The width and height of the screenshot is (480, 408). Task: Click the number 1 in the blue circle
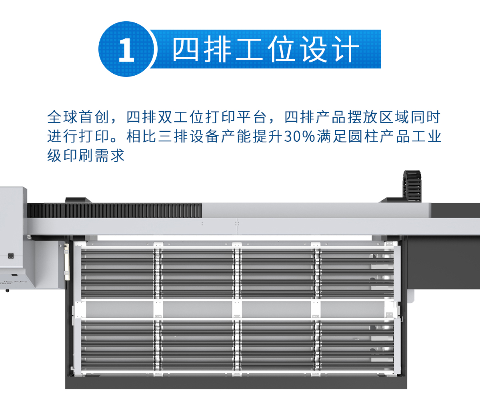click(126, 50)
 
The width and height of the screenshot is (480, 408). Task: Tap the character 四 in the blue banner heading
click(186, 49)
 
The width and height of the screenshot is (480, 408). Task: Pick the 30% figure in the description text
click(299, 137)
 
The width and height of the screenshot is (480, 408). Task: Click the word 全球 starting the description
click(62, 117)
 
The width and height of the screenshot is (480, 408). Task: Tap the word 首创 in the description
click(94, 117)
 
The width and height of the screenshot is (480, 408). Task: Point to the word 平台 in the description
click(252, 117)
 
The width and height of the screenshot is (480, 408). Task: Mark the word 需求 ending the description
click(110, 155)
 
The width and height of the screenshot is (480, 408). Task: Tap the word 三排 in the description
click(173, 137)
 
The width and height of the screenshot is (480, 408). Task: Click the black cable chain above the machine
click(412, 186)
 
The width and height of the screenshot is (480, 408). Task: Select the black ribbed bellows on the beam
click(114, 210)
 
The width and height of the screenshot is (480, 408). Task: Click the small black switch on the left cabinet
click(11, 256)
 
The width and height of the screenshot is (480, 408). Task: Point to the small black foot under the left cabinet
click(7, 291)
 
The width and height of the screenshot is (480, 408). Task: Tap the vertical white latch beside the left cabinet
click(67, 262)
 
